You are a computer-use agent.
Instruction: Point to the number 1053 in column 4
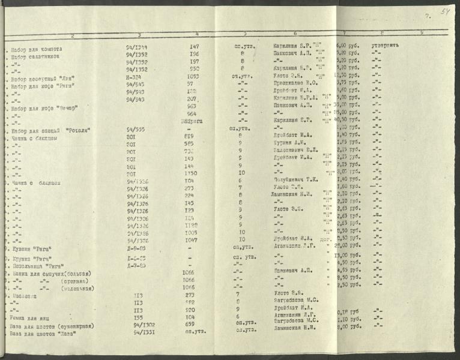pyautogui.click(x=193, y=77)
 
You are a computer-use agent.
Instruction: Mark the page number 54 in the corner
pyautogui.click(x=445, y=11)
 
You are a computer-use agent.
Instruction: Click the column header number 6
pyautogui.click(x=295, y=34)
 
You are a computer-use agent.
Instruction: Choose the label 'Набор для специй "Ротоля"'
pyautogui.click(x=45, y=130)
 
